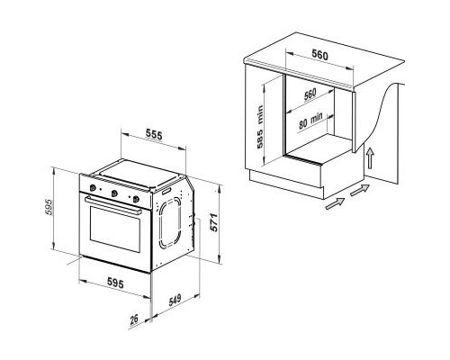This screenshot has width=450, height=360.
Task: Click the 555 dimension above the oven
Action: click(154, 134)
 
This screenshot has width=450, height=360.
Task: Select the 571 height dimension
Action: click(213, 222)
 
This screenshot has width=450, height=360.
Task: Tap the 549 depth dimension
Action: click(175, 300)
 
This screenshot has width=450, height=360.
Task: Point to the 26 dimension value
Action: click(133, 319)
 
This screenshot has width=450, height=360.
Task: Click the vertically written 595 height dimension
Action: click(49, 207)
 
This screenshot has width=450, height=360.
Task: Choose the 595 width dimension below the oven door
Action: click(115, 283)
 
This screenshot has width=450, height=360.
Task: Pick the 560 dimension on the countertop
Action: click(319, 55)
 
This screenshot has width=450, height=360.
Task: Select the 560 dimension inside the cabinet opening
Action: click(310, 94)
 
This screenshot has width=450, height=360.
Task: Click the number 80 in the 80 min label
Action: click(303, 124)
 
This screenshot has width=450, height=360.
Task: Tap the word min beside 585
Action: click(260, 114)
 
